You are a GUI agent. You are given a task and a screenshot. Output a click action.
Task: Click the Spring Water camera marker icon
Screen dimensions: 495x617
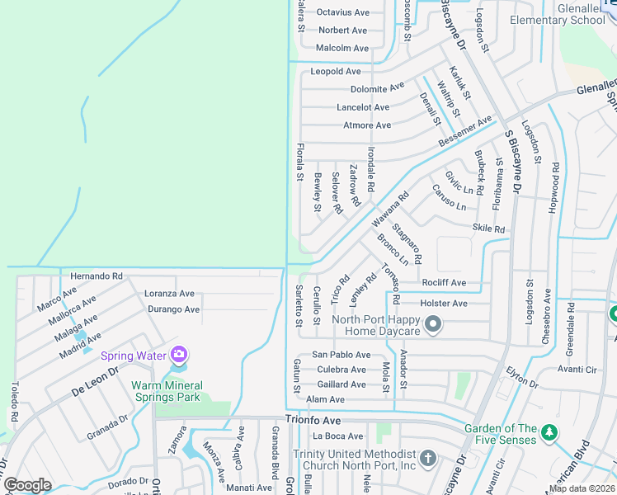(179, 356)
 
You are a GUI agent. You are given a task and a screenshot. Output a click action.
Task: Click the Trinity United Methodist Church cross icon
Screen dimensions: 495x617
(427, 457)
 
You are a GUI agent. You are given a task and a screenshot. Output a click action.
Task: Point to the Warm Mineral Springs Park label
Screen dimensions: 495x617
(166, 391)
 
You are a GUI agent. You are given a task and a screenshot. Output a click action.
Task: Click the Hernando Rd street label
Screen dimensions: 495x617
(97, 276)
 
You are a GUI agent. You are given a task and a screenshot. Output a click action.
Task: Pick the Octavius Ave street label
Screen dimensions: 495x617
(343, 12)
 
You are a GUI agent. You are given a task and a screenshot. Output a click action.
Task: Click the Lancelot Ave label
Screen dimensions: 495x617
(363, 107)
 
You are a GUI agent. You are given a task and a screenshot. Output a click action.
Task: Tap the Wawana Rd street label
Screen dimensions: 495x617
(389, 210)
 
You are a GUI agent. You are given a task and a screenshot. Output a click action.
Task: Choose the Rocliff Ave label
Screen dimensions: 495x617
(444, 283)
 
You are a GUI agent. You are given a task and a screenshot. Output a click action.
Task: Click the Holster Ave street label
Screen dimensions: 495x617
(443, 304)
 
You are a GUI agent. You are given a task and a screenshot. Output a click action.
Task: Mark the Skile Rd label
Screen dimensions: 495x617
(488, 229)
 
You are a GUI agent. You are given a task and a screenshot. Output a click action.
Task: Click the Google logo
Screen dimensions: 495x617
(27, 485)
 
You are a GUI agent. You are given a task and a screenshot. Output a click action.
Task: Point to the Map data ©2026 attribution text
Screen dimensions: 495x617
(580, 488)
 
